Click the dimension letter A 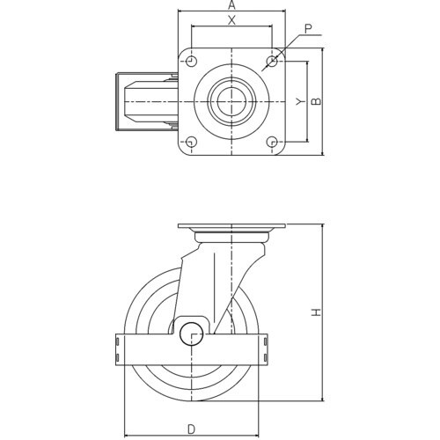coord(231,4)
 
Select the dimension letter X coord(231,20)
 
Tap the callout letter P coord(308,29)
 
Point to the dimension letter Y coord(298,102)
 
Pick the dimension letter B coord(316,101)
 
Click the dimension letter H coord(316,312)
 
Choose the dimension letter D coord(191,429)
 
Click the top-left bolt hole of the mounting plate coord(191,62)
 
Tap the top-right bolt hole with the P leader coord(272,62)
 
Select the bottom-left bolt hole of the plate coord(191,142)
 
